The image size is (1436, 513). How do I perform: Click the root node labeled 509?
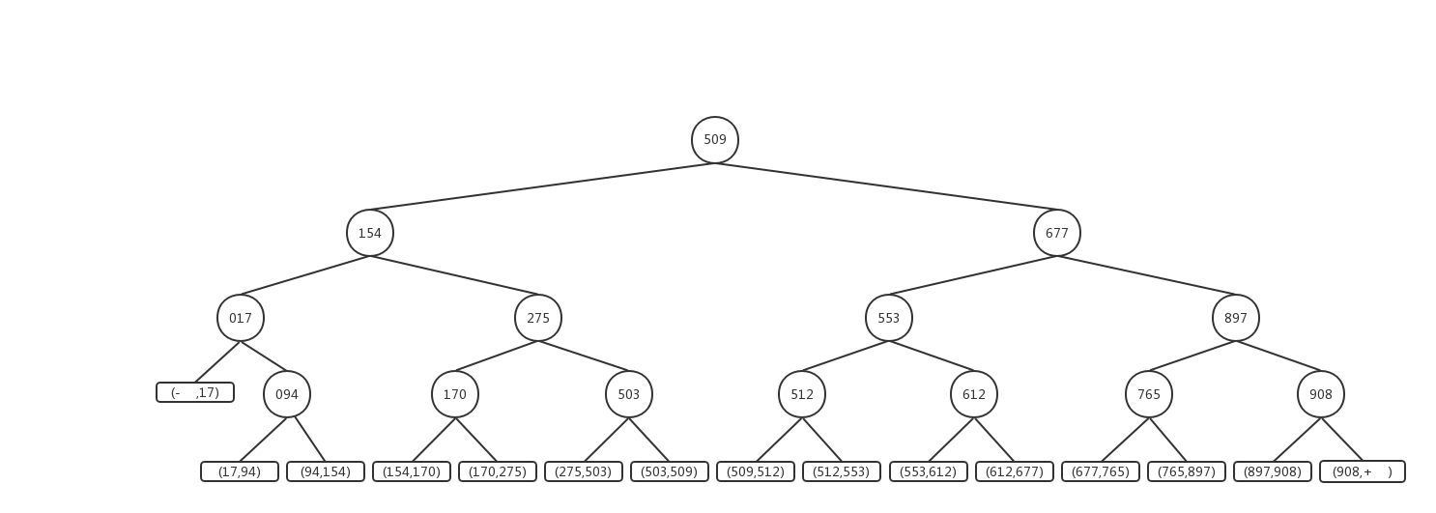715,140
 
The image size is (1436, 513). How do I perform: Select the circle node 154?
370,233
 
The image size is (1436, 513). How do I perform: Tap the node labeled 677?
1056,233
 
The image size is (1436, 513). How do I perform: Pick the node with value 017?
241,318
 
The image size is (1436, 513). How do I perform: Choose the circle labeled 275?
538,318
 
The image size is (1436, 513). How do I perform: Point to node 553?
889,318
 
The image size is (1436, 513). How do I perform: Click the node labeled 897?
1236,318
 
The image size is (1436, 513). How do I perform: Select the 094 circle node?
287,394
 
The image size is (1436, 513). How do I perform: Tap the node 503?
629,394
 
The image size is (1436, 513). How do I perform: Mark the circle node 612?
974,394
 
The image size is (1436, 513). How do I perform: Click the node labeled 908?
1321,394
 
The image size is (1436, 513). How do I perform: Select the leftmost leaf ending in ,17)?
195,392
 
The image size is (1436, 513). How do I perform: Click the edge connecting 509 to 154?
542,186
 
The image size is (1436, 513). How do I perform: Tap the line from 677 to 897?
1146,275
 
